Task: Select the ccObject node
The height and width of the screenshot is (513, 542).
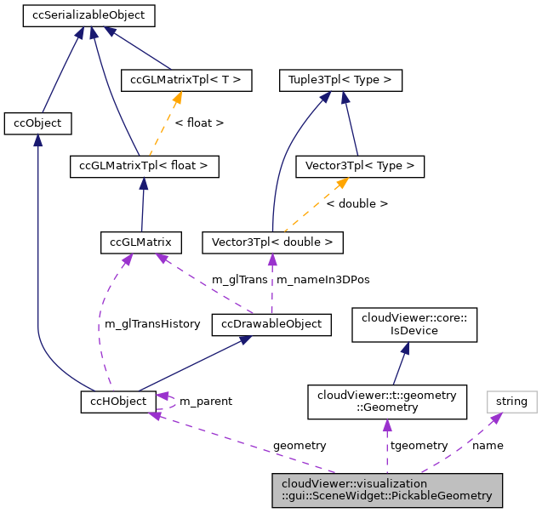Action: (37, 123)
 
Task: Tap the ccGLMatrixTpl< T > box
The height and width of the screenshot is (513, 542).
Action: (185, 81)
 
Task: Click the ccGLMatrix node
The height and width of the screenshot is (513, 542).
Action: (140, 242)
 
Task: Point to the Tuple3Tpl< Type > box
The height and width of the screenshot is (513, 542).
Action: (340, 81)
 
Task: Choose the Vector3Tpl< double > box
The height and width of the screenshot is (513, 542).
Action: (272, 242)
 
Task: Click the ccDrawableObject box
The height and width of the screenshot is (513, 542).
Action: (271, 324)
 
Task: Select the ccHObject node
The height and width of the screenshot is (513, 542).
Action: (118, 401)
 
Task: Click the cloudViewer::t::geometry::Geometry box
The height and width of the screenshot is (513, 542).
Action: (387, 401)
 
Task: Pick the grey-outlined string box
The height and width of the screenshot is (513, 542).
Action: (511, 401)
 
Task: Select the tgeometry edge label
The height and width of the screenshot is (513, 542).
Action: (419, 445)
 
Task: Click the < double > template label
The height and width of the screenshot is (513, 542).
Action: (357, 204)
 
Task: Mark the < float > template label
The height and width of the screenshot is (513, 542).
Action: (199, 123)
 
